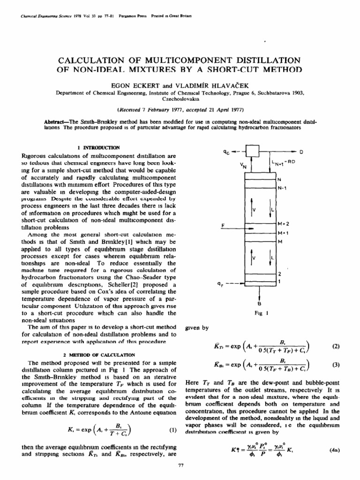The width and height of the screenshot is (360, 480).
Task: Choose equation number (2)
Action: coord(335,346)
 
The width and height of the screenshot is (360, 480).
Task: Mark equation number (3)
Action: coord(335,364)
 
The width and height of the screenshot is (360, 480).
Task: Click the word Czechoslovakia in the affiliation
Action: coord(180,99)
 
